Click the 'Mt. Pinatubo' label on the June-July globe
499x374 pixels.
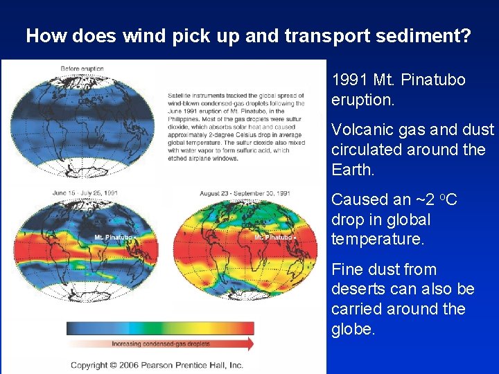(114, 238)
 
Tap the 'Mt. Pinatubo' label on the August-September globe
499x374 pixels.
(274, 238)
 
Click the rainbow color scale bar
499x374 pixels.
(160, 328)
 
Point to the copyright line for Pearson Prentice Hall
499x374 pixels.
(157, 365)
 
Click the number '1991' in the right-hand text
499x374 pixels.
(351, 80)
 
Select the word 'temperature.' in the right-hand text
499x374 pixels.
(374, 240)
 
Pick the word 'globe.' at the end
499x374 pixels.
(353, 329)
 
